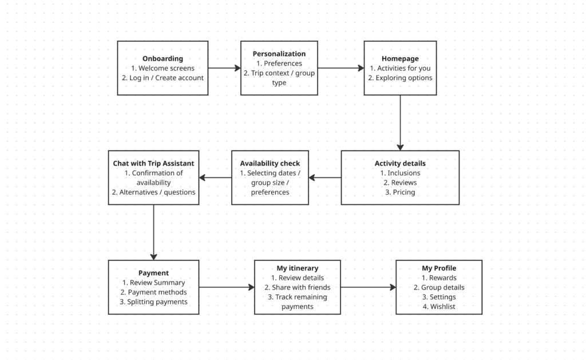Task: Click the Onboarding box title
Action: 163,58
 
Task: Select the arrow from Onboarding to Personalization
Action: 224,68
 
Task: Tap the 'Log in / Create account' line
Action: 163,78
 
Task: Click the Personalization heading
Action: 279,54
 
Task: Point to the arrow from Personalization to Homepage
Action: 340,68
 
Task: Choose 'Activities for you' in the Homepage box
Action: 400,68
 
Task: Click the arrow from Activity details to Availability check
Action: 325,177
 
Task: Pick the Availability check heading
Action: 270,164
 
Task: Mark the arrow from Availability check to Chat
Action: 215,177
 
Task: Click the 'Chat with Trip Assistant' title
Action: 153,163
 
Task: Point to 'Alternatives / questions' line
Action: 153,192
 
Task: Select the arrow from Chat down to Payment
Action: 153,232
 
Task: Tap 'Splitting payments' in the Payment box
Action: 153,302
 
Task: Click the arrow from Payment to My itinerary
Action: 227,287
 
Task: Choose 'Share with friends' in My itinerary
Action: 297,287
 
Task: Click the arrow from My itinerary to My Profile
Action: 368,287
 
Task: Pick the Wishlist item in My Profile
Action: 439,307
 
